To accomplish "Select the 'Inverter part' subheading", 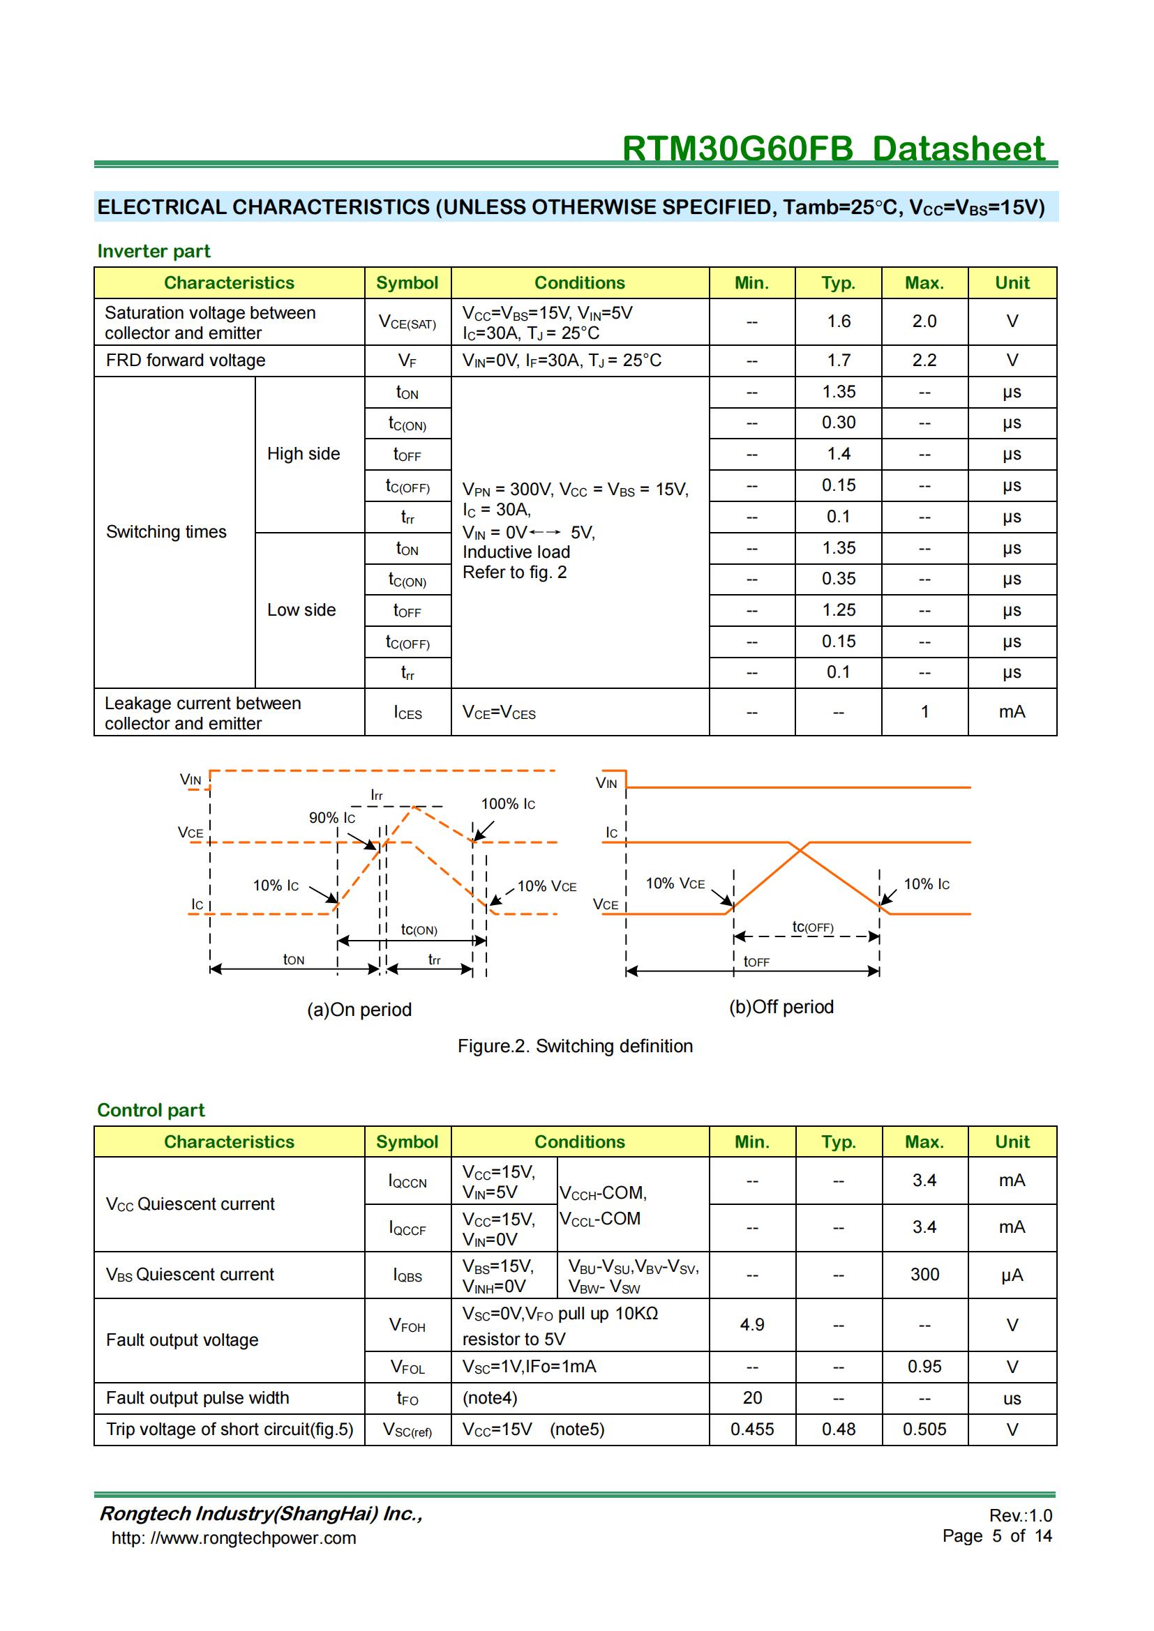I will (x=153, y=252).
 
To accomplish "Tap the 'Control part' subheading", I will (x=151, y=1110).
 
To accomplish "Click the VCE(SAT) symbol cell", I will (x=407, y=323).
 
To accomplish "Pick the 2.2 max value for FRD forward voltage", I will (x=924, y=361).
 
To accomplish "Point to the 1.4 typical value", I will (x=839, y=454).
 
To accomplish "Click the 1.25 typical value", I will (x=839, y=610).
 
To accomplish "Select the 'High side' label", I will (x=304, y=454).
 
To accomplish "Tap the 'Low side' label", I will (x=301, y=610).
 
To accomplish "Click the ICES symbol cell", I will (x=407, y=713).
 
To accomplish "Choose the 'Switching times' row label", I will (x=166, y=532).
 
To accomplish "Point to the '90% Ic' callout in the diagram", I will (x=332, y=819).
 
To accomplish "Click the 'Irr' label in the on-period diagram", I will (x=377, y=796).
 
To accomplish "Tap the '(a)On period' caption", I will (x=359, y=1010).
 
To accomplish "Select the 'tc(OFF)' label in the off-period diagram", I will (x=812, y=927).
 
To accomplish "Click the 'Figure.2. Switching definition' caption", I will (x=575, y=1047).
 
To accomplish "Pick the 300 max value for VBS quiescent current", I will (x=924, y=1275).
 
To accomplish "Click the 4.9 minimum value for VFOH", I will (x=752, y=1325).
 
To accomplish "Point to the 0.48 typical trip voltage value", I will (x=839, y=1429).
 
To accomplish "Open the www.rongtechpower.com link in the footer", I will (x=234, y=1538).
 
